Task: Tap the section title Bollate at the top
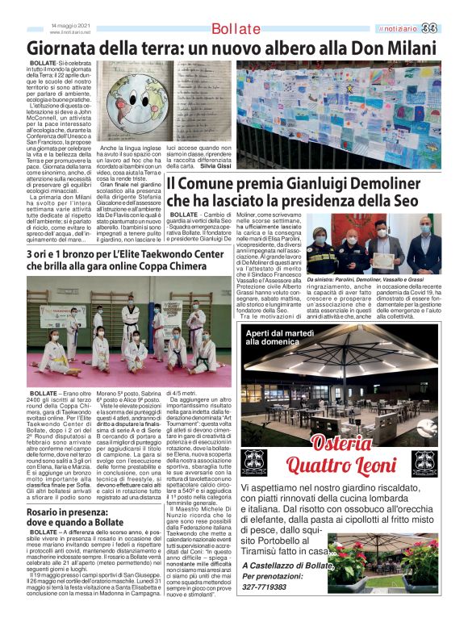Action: click(x=236, y=29)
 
